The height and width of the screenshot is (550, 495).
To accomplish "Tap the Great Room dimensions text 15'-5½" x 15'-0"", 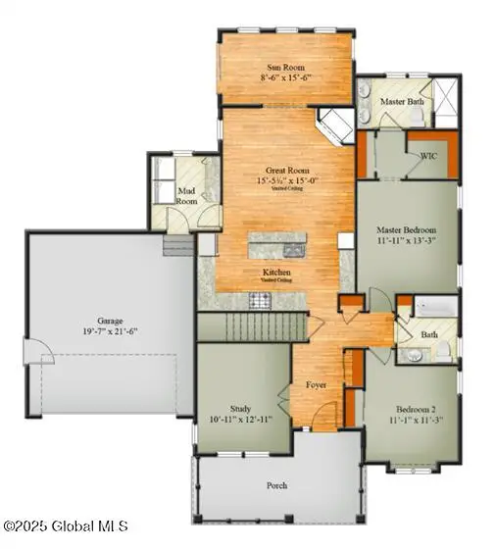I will point(284,181).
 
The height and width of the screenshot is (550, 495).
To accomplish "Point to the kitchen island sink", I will point(295,248).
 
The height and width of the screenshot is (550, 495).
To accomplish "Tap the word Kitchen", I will point(276,272).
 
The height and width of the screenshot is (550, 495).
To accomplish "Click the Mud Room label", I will point(186,195).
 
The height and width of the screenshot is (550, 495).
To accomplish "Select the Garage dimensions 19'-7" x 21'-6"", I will point(110,331).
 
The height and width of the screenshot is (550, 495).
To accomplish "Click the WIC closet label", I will point(429,157).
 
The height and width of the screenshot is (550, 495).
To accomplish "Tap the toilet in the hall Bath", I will point(442,348).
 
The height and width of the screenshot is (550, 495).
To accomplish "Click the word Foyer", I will point(318,385).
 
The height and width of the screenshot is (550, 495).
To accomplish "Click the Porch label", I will point(277,485).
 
